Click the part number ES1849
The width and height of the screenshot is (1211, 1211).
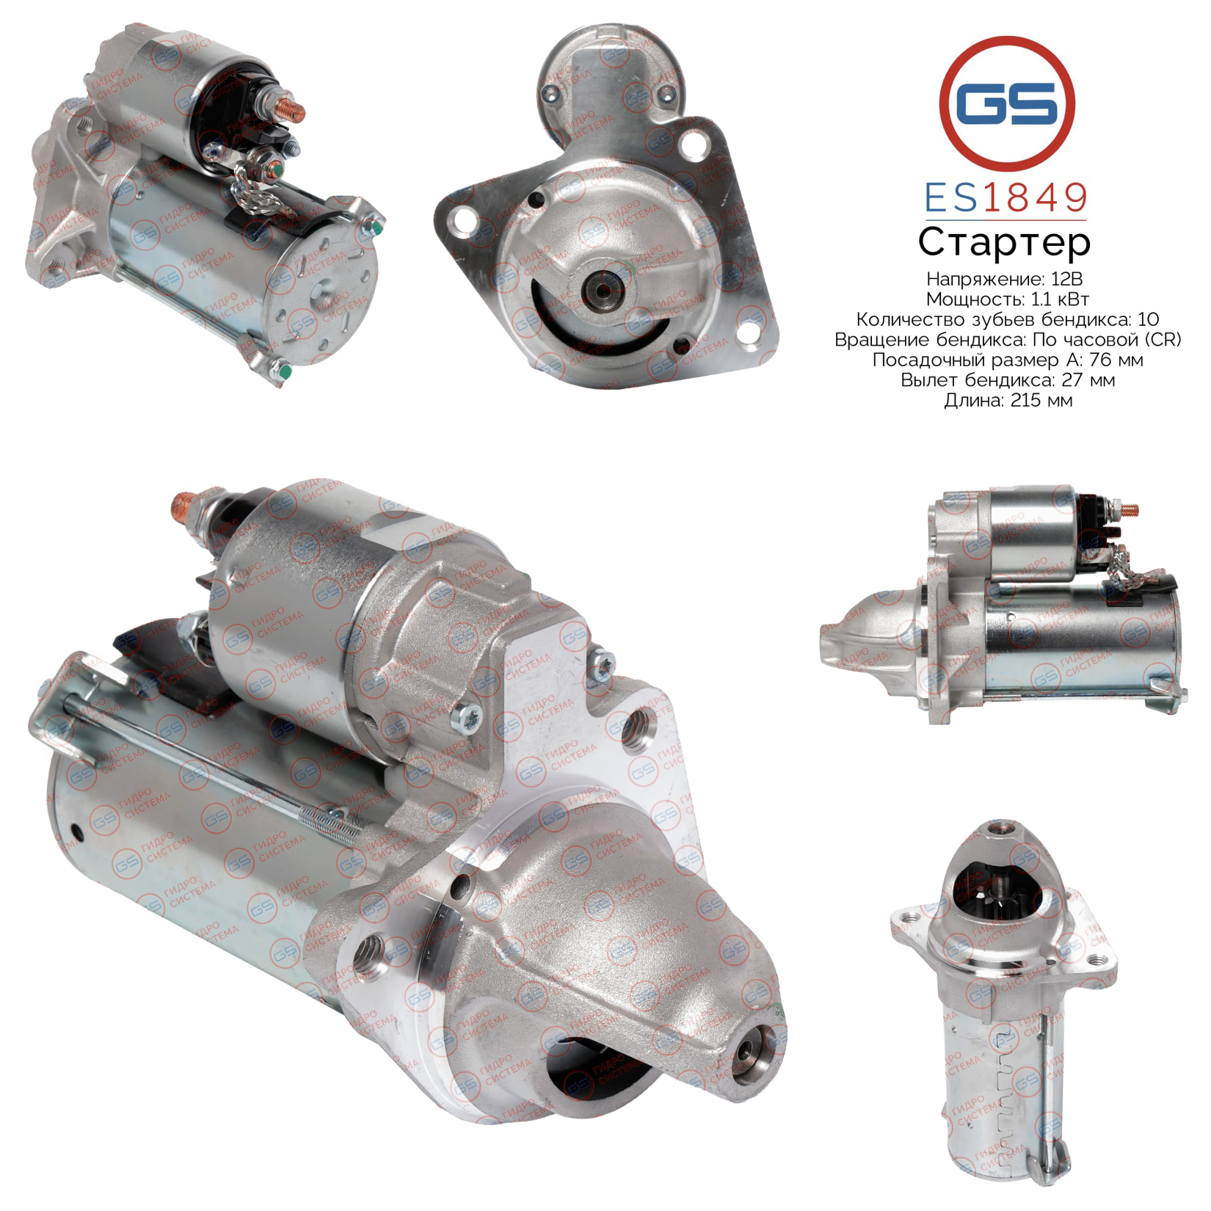[x=1005, y=197]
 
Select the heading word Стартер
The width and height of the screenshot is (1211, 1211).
[x=1005, y=243]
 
